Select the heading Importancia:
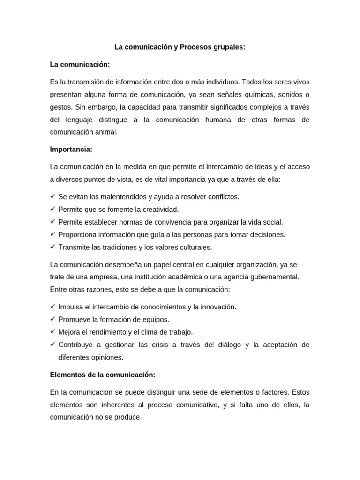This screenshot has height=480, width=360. (x=71, y=150)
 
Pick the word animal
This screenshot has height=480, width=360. (x=106, y=132)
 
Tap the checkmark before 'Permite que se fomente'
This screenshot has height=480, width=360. (x=52, y=209)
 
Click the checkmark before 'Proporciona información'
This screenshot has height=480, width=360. (x=52, y=234)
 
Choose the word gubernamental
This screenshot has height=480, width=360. (x=274, y=277)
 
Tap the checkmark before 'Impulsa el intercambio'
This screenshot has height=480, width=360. (x=52, y=307)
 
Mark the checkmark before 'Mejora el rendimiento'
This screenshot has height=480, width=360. (x=52, y=332)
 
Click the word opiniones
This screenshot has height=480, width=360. (x=106, y=357)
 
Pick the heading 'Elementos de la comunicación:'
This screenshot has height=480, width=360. (x=102, y=375)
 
